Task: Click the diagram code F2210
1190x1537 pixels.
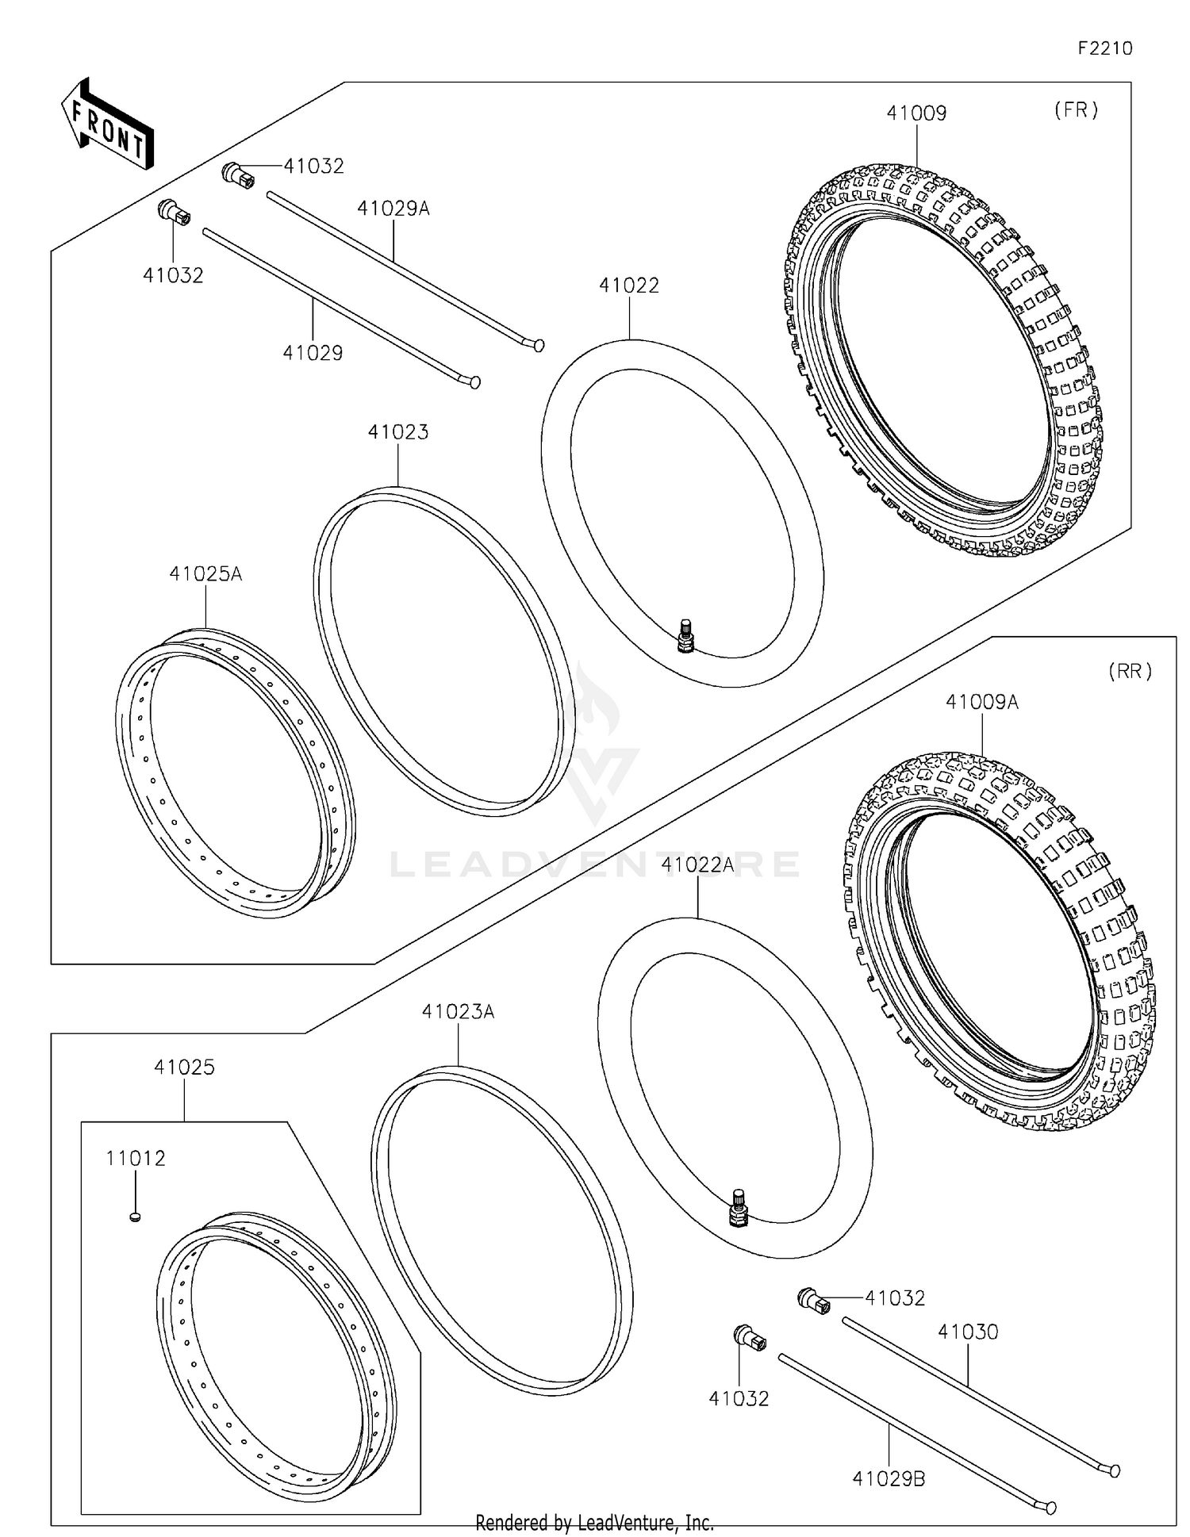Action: [1104, 48]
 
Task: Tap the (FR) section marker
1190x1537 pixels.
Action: [1076, 110]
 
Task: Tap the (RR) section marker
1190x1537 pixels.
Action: [1130, 671]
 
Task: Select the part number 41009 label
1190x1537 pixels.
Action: [916, 113]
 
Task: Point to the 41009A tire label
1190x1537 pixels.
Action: [981, 702]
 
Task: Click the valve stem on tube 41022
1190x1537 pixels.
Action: [685, 637]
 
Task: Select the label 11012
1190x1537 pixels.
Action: [136, 1159]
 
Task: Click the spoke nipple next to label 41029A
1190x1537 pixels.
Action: [238, 174]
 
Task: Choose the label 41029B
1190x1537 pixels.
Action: [889, 1479]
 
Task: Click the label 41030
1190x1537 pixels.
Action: [968, 1332]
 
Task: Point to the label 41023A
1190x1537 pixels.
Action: [458, 1012]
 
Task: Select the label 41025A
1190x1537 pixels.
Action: [205, 573]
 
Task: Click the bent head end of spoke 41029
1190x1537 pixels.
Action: [474, 382]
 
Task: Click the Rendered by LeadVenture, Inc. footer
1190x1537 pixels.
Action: [594, 1523]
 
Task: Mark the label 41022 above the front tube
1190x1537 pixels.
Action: [628, 286]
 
